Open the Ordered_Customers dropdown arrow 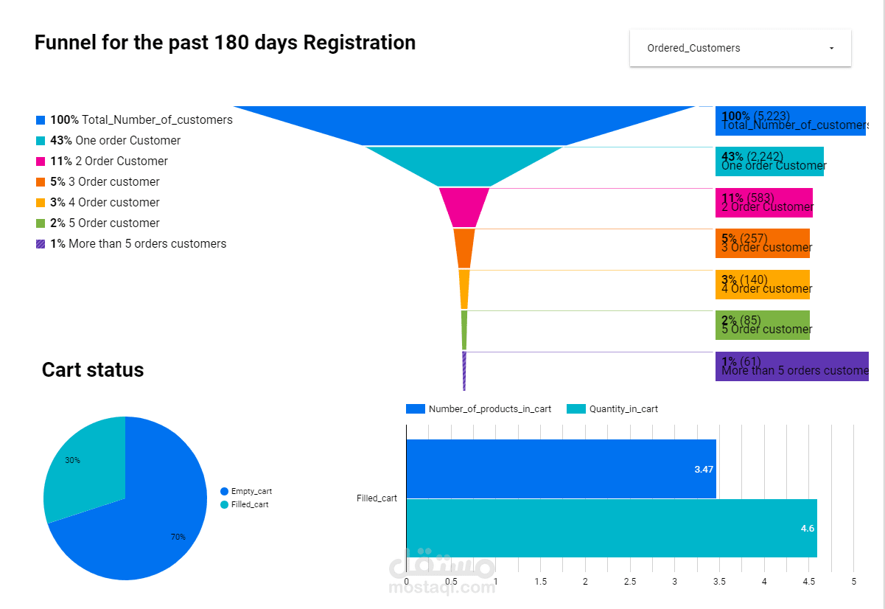tap(831, 49)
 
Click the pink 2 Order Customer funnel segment tap(464, 206)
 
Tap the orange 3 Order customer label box tap(763, 243)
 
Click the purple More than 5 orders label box tap(791, 366)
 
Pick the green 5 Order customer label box tap(763, 325)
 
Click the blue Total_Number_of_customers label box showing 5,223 tap(790, 121)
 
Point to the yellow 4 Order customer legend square tap(41, 203)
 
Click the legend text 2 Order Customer tap(122, 161)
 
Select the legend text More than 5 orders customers tap(147, 244)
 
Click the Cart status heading tap(93, 369)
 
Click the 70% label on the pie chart tap(178, 537)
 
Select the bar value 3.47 tap(704, 469)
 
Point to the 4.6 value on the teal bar tap(807, 528)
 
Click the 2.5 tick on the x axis tap(630, 582)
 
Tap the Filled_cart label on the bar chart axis tap(377, 498)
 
